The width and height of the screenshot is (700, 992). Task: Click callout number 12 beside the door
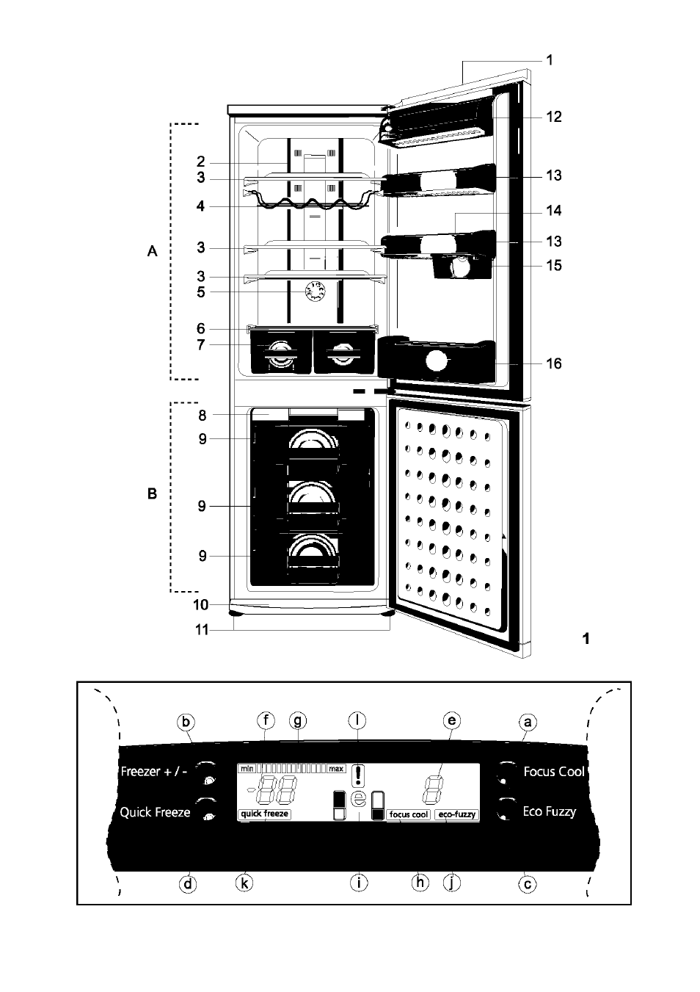(553, 117)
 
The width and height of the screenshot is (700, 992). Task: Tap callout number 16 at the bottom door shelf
(553, 363)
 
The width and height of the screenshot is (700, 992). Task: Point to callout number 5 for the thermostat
(201, 292)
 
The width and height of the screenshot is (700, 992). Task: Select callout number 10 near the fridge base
(201, 604)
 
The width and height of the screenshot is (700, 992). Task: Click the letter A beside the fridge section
(152, 252)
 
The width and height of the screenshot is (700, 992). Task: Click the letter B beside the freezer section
(152, 493)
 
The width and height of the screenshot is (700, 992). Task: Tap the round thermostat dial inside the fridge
(316, 292)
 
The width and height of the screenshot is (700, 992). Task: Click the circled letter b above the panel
(186, 722)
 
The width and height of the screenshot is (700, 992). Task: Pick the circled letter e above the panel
(452, 720)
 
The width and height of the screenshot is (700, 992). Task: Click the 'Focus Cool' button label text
(554, 772)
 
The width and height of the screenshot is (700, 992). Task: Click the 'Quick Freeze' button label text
(155, 812)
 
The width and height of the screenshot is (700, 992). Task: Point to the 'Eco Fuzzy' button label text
(549, 811)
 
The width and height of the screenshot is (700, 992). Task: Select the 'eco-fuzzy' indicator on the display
(456, 814)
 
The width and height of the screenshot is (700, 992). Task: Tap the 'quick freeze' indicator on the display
(264, 814)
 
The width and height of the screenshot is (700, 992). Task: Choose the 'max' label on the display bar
(336, 768)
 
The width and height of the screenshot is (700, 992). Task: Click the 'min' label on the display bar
(247, 768)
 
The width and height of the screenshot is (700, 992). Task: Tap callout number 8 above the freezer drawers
(203, 416)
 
